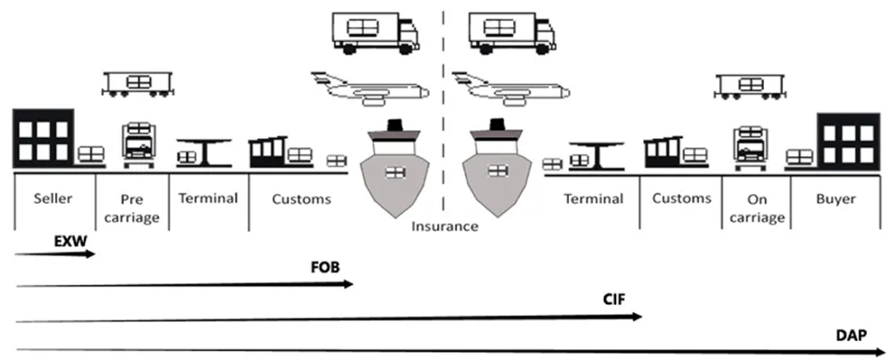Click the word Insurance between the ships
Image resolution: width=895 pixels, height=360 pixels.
coord(446,226)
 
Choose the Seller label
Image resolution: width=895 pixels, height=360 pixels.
coord(53,199)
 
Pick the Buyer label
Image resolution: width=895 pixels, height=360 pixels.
coord(836,199)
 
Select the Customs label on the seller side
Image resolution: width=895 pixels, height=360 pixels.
coord(302,199)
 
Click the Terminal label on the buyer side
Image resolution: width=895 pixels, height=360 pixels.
coord(593,199)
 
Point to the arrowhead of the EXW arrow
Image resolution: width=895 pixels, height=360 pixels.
coord(94,254)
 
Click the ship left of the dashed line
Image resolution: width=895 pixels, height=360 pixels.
coord(396,170)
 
